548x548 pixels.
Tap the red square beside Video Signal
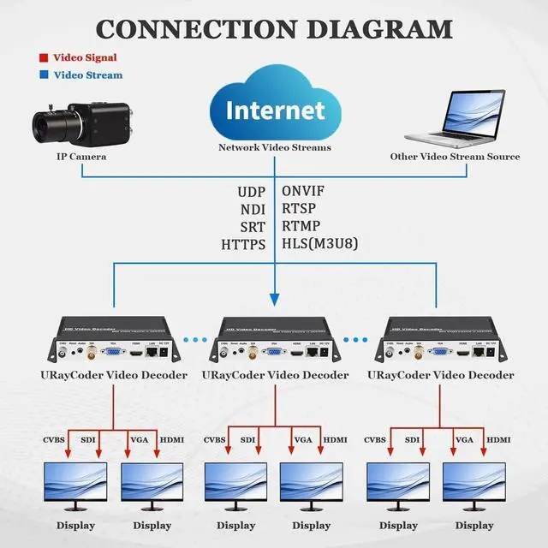[x=43, y=58]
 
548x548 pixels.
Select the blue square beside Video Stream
[x=43, y=75]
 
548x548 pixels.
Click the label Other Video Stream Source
[x=455, y=157]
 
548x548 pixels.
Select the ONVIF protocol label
[x=304, y=191]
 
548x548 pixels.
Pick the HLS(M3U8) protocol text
[x=319, y=244]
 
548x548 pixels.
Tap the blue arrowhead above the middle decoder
[x=275, y=299]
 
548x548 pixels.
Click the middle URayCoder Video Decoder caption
[x=275, y=375]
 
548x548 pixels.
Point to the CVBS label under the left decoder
[x=59, y=440]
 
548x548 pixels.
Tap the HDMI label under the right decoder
[x=499, y=440]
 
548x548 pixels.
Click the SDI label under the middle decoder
[x=249, y=440]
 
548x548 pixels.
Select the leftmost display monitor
[x=76, y=485]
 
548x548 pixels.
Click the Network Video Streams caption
[x=274, y=147]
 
